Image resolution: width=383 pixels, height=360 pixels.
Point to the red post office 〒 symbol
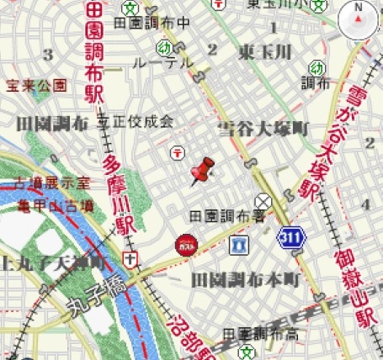pos(178,152)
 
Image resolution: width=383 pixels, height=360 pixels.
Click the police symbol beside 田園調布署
pos(264,201)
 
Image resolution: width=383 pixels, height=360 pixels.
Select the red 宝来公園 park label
pos(36,85)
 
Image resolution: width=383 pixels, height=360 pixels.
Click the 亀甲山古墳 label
pos(51,204)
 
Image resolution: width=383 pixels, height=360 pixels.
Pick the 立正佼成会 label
pos(136,121)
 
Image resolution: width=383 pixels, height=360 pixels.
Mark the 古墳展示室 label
pos(51,183)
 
